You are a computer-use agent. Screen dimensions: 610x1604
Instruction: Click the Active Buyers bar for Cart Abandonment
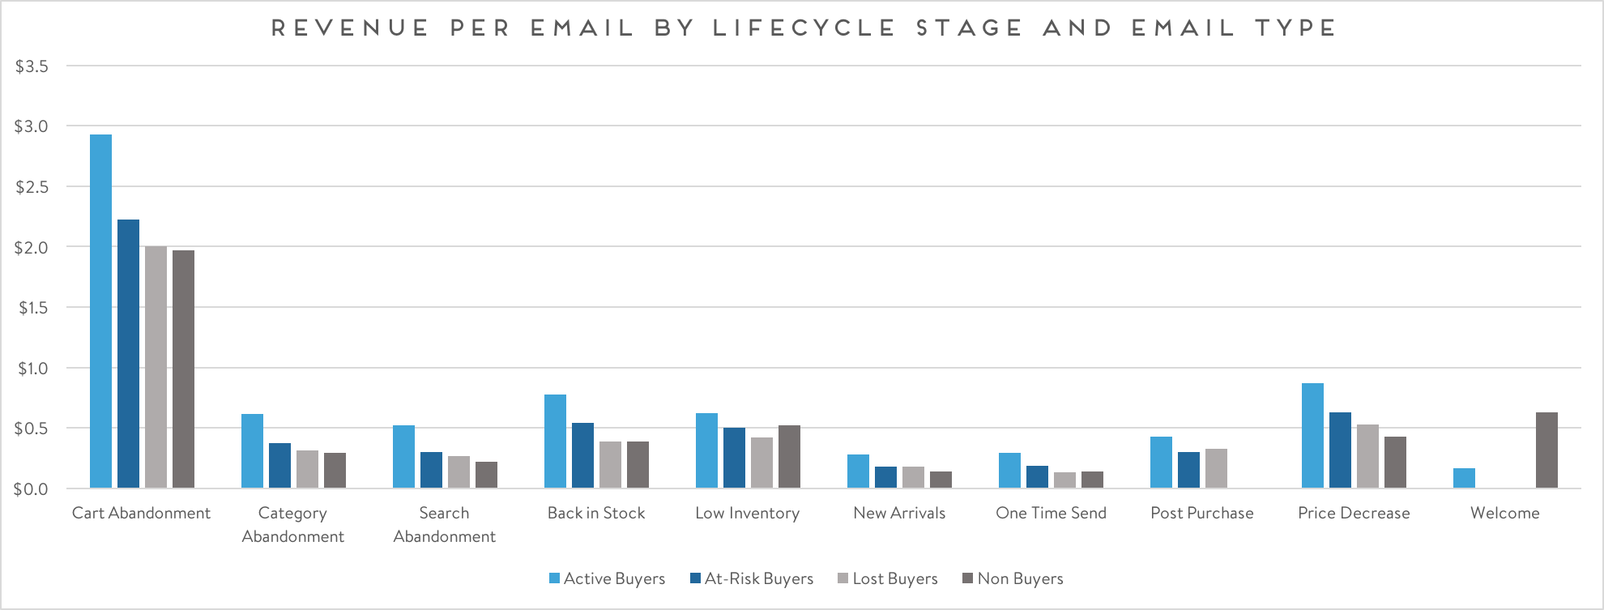100,311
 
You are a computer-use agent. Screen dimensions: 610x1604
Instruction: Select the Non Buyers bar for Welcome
1546,450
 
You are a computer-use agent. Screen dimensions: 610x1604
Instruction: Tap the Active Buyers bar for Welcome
1464,478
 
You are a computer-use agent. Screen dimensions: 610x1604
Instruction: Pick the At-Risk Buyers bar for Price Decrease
1340,450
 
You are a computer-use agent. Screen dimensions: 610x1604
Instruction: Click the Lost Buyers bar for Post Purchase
1216,468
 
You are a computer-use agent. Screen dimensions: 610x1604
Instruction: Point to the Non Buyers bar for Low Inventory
789,457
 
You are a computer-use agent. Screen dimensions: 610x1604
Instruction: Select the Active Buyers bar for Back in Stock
555,442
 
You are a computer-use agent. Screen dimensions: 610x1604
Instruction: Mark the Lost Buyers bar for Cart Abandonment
156,367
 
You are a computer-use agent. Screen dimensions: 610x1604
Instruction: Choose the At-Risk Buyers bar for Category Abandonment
279,466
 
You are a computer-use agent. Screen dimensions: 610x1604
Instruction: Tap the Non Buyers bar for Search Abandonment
486,475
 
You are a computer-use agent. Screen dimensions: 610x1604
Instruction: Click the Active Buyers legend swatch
554,578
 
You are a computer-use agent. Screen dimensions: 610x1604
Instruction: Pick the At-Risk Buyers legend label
759,578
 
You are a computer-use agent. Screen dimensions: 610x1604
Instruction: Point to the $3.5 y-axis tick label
32,66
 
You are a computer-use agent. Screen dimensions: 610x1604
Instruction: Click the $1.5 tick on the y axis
32,308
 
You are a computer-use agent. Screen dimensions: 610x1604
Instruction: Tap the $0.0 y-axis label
32,489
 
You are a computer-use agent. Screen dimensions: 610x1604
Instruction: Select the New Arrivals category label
899,513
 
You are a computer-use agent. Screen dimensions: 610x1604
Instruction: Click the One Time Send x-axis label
1051,513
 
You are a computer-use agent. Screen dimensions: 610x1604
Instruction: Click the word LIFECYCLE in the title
804,28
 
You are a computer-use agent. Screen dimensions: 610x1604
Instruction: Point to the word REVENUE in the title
350,28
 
